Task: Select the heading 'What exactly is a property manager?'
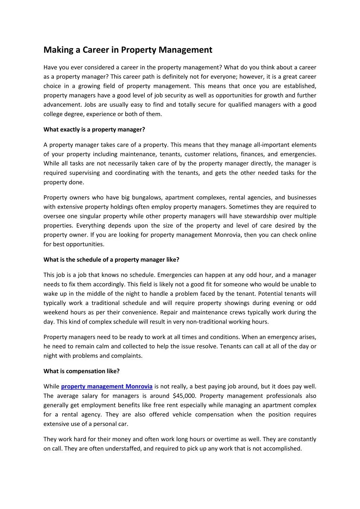94,129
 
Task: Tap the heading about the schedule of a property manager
111,260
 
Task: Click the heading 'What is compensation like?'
81,371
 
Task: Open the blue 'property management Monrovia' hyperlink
107,387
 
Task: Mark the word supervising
84,173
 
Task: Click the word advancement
62,104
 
